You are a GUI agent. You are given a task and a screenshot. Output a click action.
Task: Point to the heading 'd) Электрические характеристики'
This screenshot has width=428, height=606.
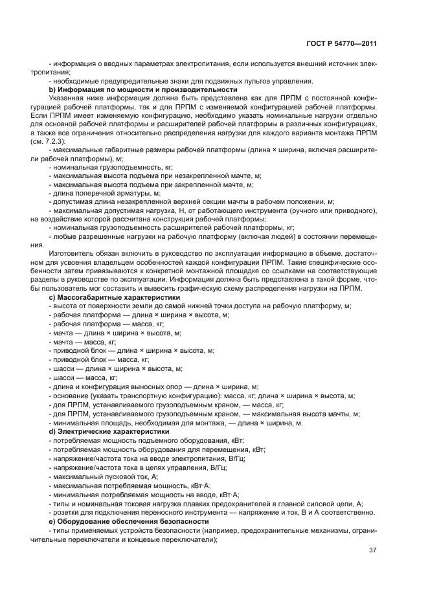click(x=109, y=431)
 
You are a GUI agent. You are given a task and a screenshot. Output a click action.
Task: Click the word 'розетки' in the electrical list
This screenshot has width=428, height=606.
click(x=65, y=512)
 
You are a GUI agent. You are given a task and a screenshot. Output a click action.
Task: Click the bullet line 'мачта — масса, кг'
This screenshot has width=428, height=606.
click(x=82, y=341)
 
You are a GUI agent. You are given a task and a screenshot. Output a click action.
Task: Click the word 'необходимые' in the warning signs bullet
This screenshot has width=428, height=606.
click(x=74, y=81)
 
